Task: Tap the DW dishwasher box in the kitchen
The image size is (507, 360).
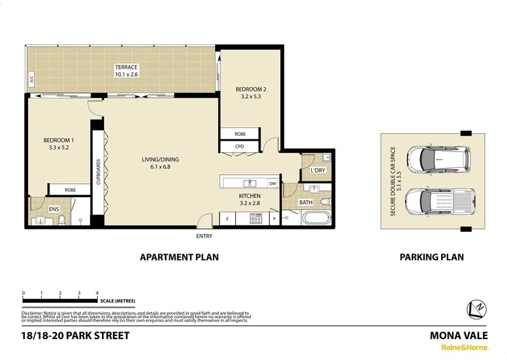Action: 273,184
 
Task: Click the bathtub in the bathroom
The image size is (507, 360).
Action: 314,219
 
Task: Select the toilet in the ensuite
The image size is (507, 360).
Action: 61,220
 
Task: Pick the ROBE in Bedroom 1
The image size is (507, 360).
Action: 70,190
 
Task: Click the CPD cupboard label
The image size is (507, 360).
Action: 239,147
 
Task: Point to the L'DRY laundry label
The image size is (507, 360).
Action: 317,170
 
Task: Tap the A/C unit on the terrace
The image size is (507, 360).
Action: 29,80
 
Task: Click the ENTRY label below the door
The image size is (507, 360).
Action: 204,236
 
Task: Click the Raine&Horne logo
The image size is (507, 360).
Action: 465,347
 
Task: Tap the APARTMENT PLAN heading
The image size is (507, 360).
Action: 179,257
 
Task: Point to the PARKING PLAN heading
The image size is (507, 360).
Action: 431,257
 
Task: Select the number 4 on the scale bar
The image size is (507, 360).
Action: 96,293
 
